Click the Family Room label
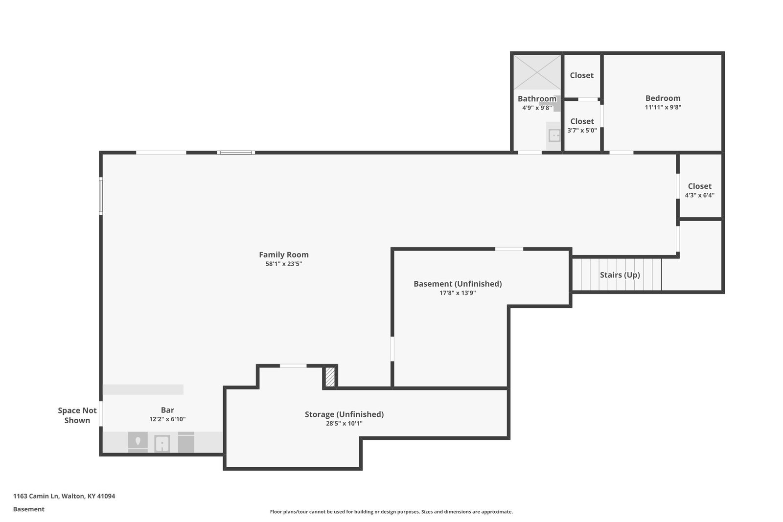pyautogui.click(x=283, y=255)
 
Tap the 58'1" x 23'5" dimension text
pyautogui.click(x=283, y=264)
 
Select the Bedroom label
pyautogui.click(x=663, y=98)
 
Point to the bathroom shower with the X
pyautogui.click(x=537, y=72)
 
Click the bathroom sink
pyautogui.click(x=554, y=136)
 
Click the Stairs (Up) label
pyautogui.click(x=620, y=275)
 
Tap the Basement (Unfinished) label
pyautogui.click(x=458, y=284)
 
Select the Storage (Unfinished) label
pyautogui.click(x=344, y=414)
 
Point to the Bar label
pyautogui.click(x=167, y=410)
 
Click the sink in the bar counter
pyautogui.click(x=162, y=444)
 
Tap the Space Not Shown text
pyautogui.click(x=77, y=415)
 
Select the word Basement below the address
pyautogui.click(x=29, y=509)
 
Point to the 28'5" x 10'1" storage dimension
pyautogui.click(x=344, y=424)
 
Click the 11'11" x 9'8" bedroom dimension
pyautogui.click(x=663, y=107)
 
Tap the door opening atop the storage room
pyautogui.click(x=293, y=366)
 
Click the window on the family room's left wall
pyautogui.click(x=101, y=196)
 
